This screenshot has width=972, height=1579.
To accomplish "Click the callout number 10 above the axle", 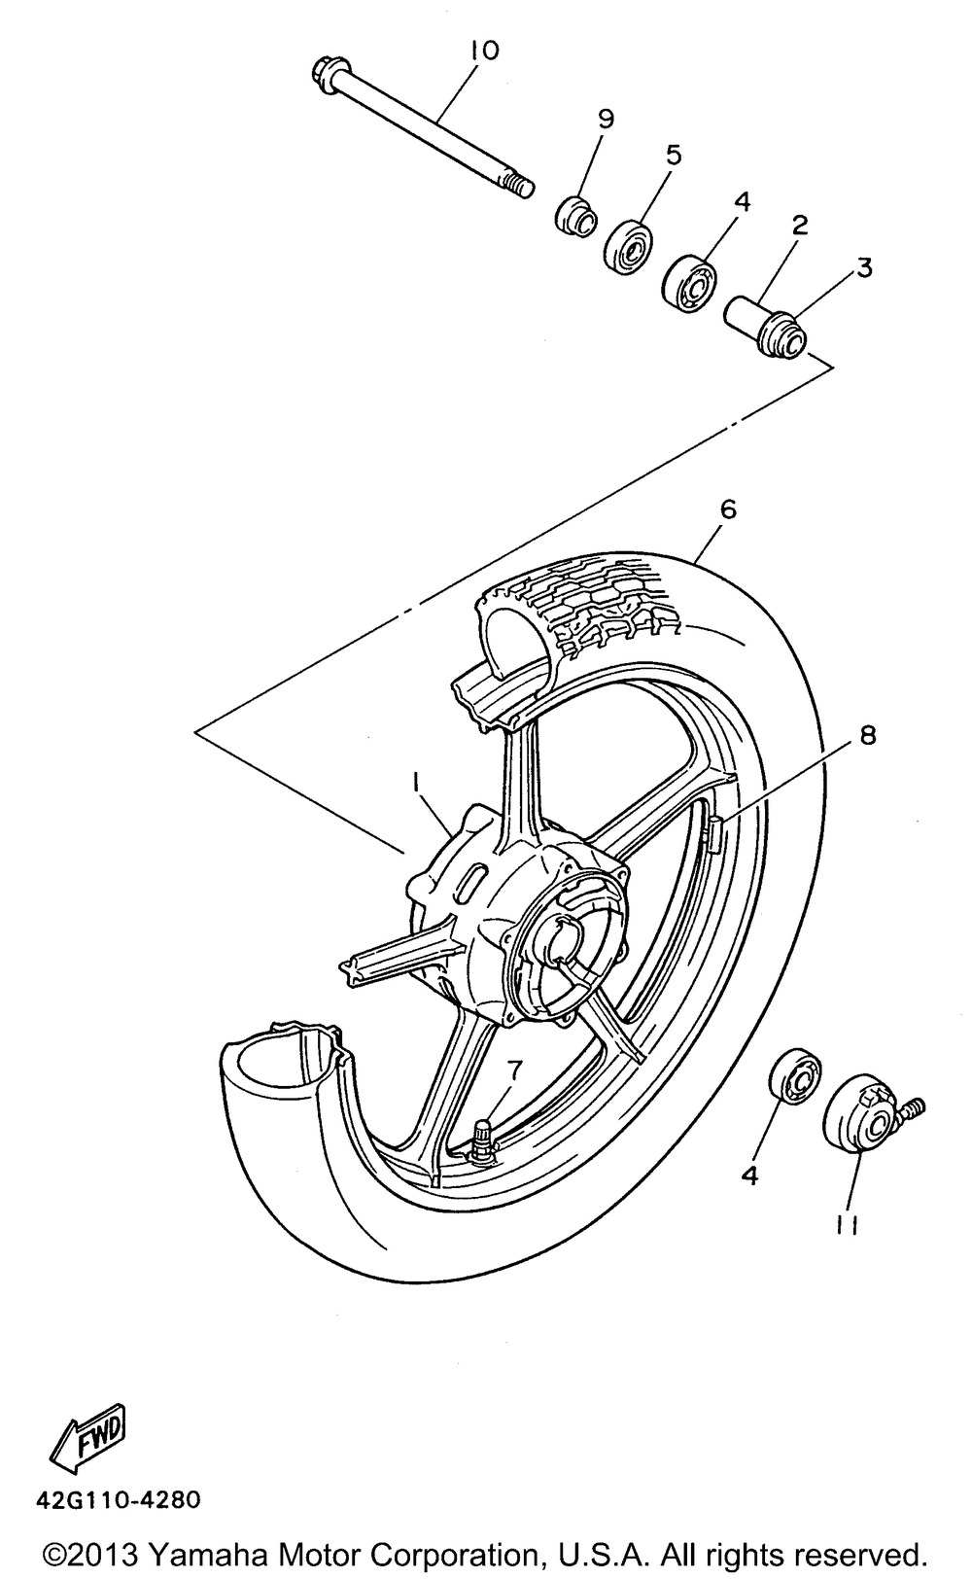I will (483, 52).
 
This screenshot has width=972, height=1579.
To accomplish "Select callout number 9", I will (605, 119).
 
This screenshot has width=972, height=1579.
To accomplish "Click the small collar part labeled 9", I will (576, 215).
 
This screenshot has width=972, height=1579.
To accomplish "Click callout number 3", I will (863, 267).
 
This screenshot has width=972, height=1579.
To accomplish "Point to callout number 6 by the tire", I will (728, 509).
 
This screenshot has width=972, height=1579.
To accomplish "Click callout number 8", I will (866, 736).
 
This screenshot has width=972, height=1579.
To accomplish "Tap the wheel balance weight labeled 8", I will (715, 832).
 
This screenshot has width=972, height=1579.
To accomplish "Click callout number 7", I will (513, 1070).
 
